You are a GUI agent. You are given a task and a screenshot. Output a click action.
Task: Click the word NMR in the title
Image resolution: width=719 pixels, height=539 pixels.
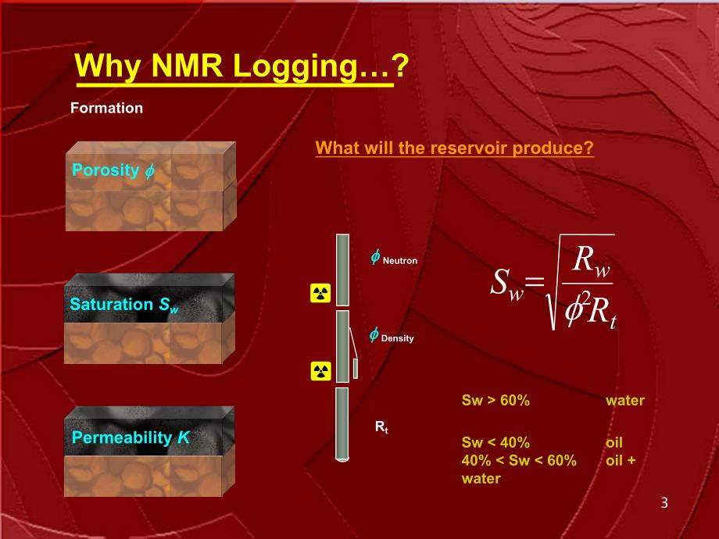point(187,65)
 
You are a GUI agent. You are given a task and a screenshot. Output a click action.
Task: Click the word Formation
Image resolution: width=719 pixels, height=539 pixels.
point(107,108)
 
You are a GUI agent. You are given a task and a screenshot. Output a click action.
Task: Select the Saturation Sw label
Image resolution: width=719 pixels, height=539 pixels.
point(123,305)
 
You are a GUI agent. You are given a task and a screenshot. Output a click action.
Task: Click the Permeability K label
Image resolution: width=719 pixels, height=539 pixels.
point(131,437)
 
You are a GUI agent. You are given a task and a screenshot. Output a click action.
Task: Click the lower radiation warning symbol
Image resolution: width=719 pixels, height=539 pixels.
point(320,371)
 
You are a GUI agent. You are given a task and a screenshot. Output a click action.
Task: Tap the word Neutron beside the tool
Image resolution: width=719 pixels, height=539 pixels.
point(400,261)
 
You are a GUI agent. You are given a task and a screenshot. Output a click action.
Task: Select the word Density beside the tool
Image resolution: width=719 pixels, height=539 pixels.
point(398,339)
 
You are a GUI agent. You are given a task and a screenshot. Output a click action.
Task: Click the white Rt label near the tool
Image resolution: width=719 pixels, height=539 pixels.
point(381,427)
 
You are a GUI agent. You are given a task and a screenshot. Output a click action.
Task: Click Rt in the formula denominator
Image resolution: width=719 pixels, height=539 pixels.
point(602,312)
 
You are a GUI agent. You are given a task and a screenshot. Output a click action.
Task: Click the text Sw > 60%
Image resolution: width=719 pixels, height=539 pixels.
point(495,400)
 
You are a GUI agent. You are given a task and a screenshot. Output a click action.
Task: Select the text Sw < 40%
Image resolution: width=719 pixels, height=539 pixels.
point(495,442)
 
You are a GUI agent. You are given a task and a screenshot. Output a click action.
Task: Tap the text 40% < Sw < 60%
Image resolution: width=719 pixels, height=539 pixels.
point(519,460)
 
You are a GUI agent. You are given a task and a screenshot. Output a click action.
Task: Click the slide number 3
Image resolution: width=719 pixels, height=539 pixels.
point(664,503)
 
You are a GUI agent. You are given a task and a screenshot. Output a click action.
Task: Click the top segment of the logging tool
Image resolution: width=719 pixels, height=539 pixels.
point(342,270)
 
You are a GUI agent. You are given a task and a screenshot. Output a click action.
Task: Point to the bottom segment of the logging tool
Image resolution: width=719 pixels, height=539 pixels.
point(342,424)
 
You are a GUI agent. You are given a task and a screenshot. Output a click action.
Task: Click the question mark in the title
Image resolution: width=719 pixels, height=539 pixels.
point(400,65)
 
